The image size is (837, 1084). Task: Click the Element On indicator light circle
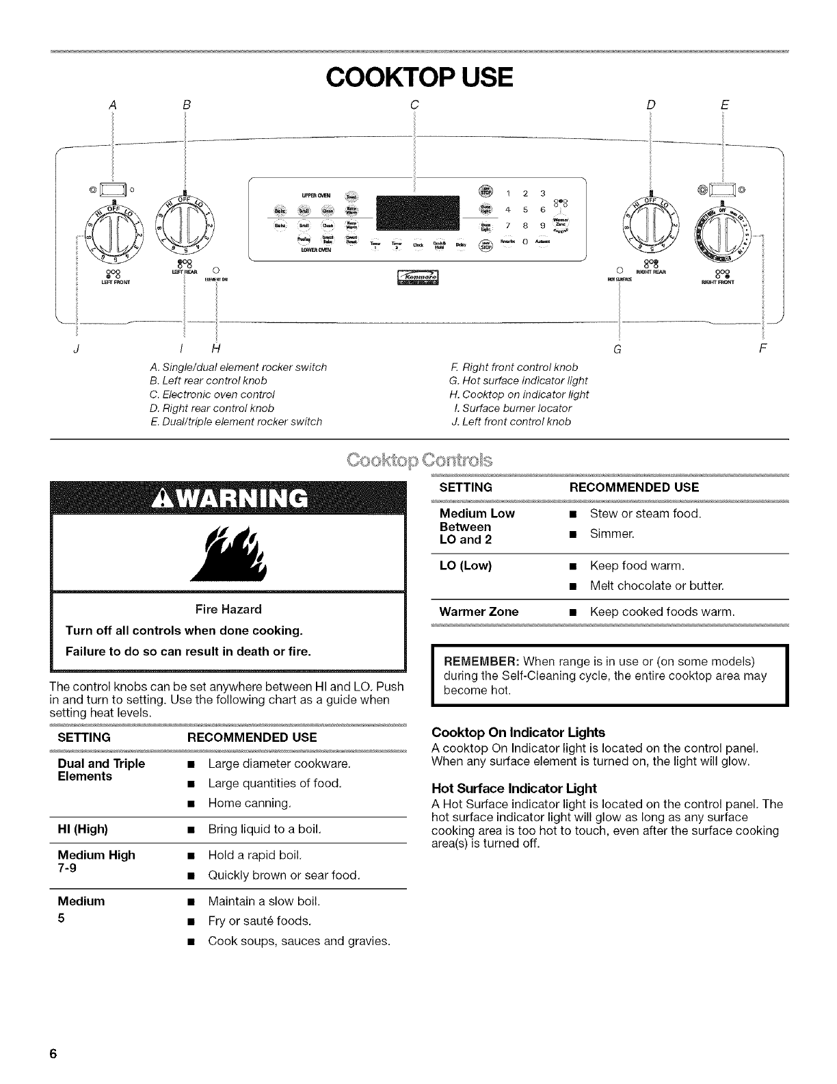[215, 269]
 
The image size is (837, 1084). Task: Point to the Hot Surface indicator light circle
[619, 269]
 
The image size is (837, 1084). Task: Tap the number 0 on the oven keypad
[524, 241]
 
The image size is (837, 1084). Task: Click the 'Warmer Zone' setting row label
[479, 612]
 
